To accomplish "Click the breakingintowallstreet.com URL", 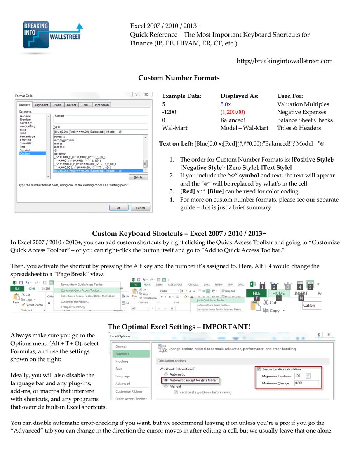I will (x=284, y=61).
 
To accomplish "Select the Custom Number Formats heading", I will (x=179, y=78).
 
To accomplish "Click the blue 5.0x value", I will (x=226, y=104).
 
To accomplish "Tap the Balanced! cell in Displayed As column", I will (x=233, y=120).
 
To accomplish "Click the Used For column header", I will (x=290, y=96).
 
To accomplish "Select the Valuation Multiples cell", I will (x=303, y=104).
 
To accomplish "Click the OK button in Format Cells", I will (x=118, y=208).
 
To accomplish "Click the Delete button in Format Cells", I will (x=138, y=177).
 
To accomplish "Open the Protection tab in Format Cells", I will (x=102, y=105).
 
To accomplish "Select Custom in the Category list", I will (x=25, y=154).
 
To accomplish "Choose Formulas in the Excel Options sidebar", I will (x=122, y=354).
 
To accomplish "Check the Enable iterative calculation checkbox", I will (x=259, y=369).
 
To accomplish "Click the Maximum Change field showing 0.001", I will (x=306, y=383).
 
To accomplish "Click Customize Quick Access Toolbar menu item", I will (x=82, y=290).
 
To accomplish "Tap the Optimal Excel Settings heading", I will (x=179, y=327).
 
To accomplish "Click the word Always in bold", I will (x=21, y=335).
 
